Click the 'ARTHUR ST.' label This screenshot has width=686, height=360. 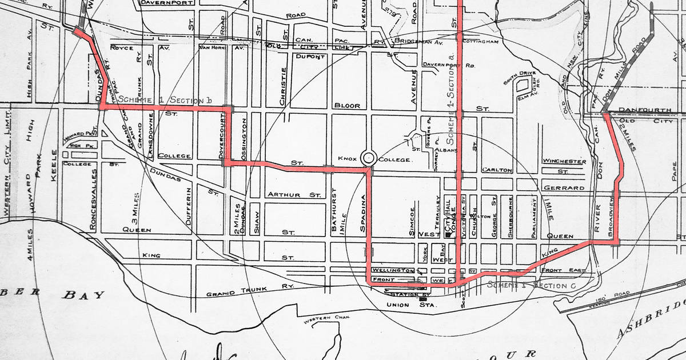(x=294, y=195)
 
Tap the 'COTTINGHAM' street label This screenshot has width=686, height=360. (x=481, y=42)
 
